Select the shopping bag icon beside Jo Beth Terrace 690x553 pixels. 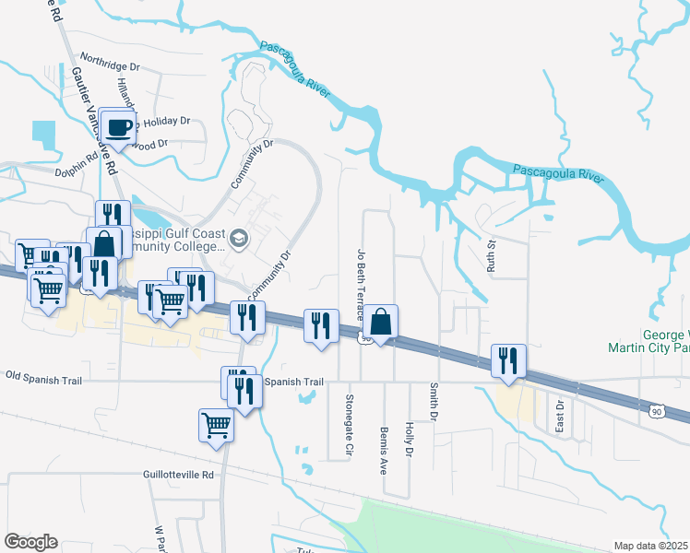point(380,322)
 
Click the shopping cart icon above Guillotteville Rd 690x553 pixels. point(216,426)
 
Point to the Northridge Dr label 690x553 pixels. point(109,67)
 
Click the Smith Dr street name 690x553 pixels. point(432,399)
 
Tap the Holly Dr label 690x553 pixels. point(409,439)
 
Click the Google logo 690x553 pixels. point(30,542)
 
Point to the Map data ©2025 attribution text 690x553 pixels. point(651,546)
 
